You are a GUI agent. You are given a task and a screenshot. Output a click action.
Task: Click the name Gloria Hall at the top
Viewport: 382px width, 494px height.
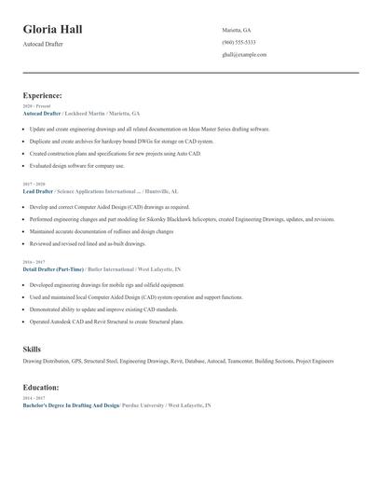tap(53, 29)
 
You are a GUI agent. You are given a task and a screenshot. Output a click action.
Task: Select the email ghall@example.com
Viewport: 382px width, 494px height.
tap(244, 54)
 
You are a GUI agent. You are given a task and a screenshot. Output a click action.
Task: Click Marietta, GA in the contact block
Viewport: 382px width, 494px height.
tap(237, 30)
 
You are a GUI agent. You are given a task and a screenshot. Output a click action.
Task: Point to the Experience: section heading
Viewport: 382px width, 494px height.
tap(43, 95)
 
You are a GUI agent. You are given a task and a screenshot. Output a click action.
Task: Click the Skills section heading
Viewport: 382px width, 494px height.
tap(32, 349)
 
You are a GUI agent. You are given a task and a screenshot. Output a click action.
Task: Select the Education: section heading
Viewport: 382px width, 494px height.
tap(41, 387)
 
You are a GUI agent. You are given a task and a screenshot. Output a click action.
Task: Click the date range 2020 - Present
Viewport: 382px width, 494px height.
tap(35, 106)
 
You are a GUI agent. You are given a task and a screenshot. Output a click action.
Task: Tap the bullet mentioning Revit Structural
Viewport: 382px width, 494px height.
tap(106, 322)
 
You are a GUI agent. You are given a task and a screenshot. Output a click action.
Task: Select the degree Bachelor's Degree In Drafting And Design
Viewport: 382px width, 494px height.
tap(71, 405)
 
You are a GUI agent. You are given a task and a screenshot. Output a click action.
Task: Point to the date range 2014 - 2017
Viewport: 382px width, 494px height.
tap(33, 399)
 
